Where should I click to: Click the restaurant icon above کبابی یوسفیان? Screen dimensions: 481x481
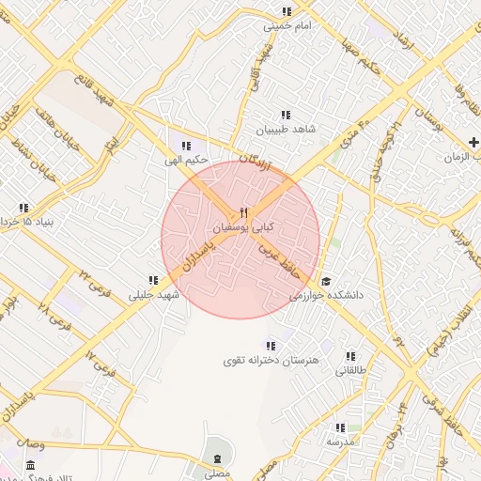tap(243, 212)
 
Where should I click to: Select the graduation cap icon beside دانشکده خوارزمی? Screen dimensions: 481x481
tap(326, 281)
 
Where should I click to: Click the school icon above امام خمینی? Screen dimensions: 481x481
tap(287, 12)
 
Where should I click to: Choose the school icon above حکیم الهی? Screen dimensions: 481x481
tap(186, 146)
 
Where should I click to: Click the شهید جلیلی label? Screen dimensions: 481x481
tap(153, 294)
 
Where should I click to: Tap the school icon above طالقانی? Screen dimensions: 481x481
tap(350, 356)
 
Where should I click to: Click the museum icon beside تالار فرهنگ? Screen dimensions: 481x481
tap(31, 466)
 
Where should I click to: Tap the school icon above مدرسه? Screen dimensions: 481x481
tap(340, 427)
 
